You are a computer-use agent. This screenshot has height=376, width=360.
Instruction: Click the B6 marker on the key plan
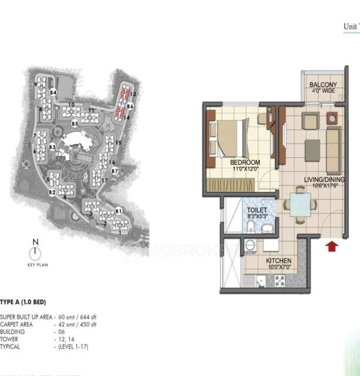click(x=130, y=106)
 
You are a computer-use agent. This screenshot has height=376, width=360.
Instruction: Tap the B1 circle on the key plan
click(x=118, y=210)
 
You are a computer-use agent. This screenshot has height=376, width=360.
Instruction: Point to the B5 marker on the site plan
click(x=75, y=124)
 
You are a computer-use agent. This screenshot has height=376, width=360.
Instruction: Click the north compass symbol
click(x=36, y=251)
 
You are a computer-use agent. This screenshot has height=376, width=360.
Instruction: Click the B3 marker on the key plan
click(x=52, y=147)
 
